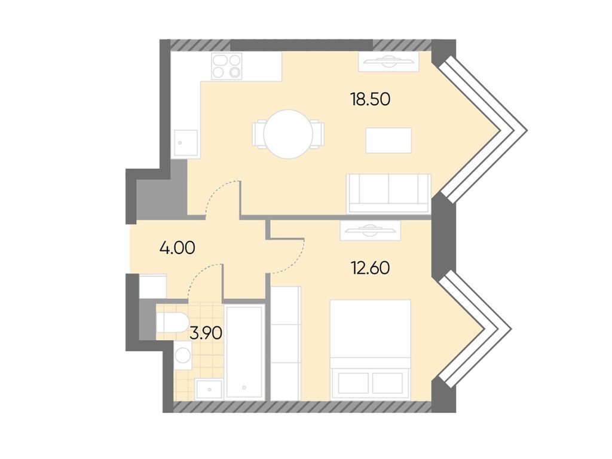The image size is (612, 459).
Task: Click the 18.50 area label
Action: (370, 99)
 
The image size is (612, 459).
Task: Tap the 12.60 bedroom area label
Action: (370, 268)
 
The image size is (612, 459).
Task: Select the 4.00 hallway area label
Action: (178, 247)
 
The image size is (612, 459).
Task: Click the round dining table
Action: (289, 134)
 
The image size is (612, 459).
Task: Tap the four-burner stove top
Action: (227, 66)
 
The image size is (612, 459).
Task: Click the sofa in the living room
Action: (388, 192)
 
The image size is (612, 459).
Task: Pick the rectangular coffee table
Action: (388, 140)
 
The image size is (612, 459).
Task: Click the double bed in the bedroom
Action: (370, 350)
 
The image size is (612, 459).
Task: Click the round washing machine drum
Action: (182, 357)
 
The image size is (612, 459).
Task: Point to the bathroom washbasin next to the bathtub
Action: (209, 388)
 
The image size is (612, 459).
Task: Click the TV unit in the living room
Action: (387, 61)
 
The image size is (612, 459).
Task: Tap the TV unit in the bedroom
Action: (369, 229)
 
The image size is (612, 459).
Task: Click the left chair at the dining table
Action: (259, 133)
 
